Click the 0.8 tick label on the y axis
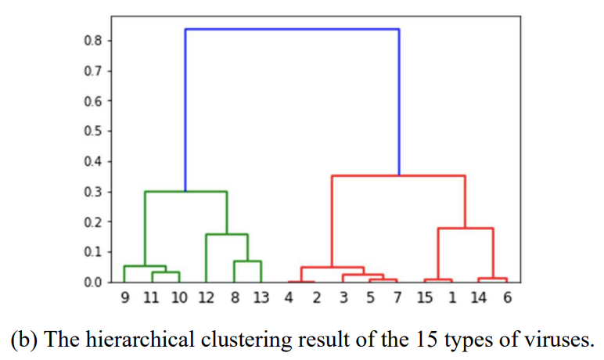click(x=93, y=41)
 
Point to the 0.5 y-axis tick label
click(x=93, y=131)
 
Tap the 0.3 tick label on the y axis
click(x=93, y=192)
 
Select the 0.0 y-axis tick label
click(x=93, y=282)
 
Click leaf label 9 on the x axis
click(x=124, y=298)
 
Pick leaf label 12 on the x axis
click(x=206, y=298)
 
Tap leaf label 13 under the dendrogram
click(x=261, y=298)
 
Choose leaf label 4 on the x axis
click(x=289, y=298)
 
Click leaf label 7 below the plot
click(x=397, y=298)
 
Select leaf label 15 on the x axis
click(x=424, y=298)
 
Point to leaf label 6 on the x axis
click(x=507, y=298)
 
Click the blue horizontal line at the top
click(x=292, y=29)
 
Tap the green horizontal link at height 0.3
click(x=186, y=192)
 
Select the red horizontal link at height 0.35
click(x=398, y=175)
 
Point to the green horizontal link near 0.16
click(x=227, y=234)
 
